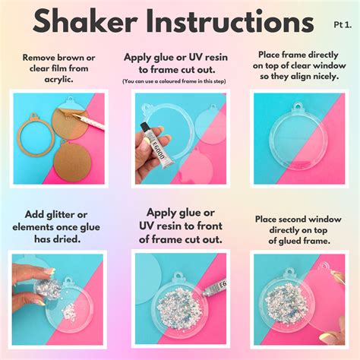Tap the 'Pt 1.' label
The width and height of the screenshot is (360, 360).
tap(343, 24)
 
